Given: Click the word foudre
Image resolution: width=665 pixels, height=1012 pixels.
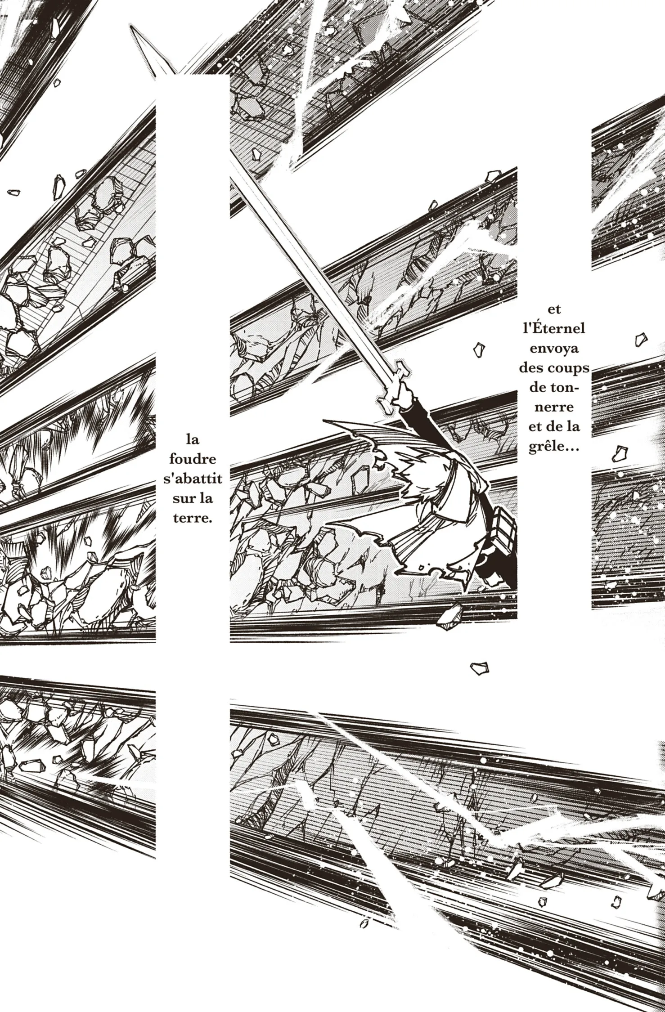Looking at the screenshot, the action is [x=193, y=459].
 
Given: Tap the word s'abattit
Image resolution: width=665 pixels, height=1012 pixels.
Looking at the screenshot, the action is [x=193, y=479].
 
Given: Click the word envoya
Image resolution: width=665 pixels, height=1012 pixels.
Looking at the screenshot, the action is [x=554, y=349].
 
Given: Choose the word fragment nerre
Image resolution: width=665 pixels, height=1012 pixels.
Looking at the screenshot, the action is [x=554, y=407].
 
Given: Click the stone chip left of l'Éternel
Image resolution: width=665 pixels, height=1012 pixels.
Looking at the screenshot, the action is [x=480, y=349].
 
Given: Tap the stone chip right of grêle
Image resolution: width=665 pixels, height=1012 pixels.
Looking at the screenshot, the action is [x=620, y=454].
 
